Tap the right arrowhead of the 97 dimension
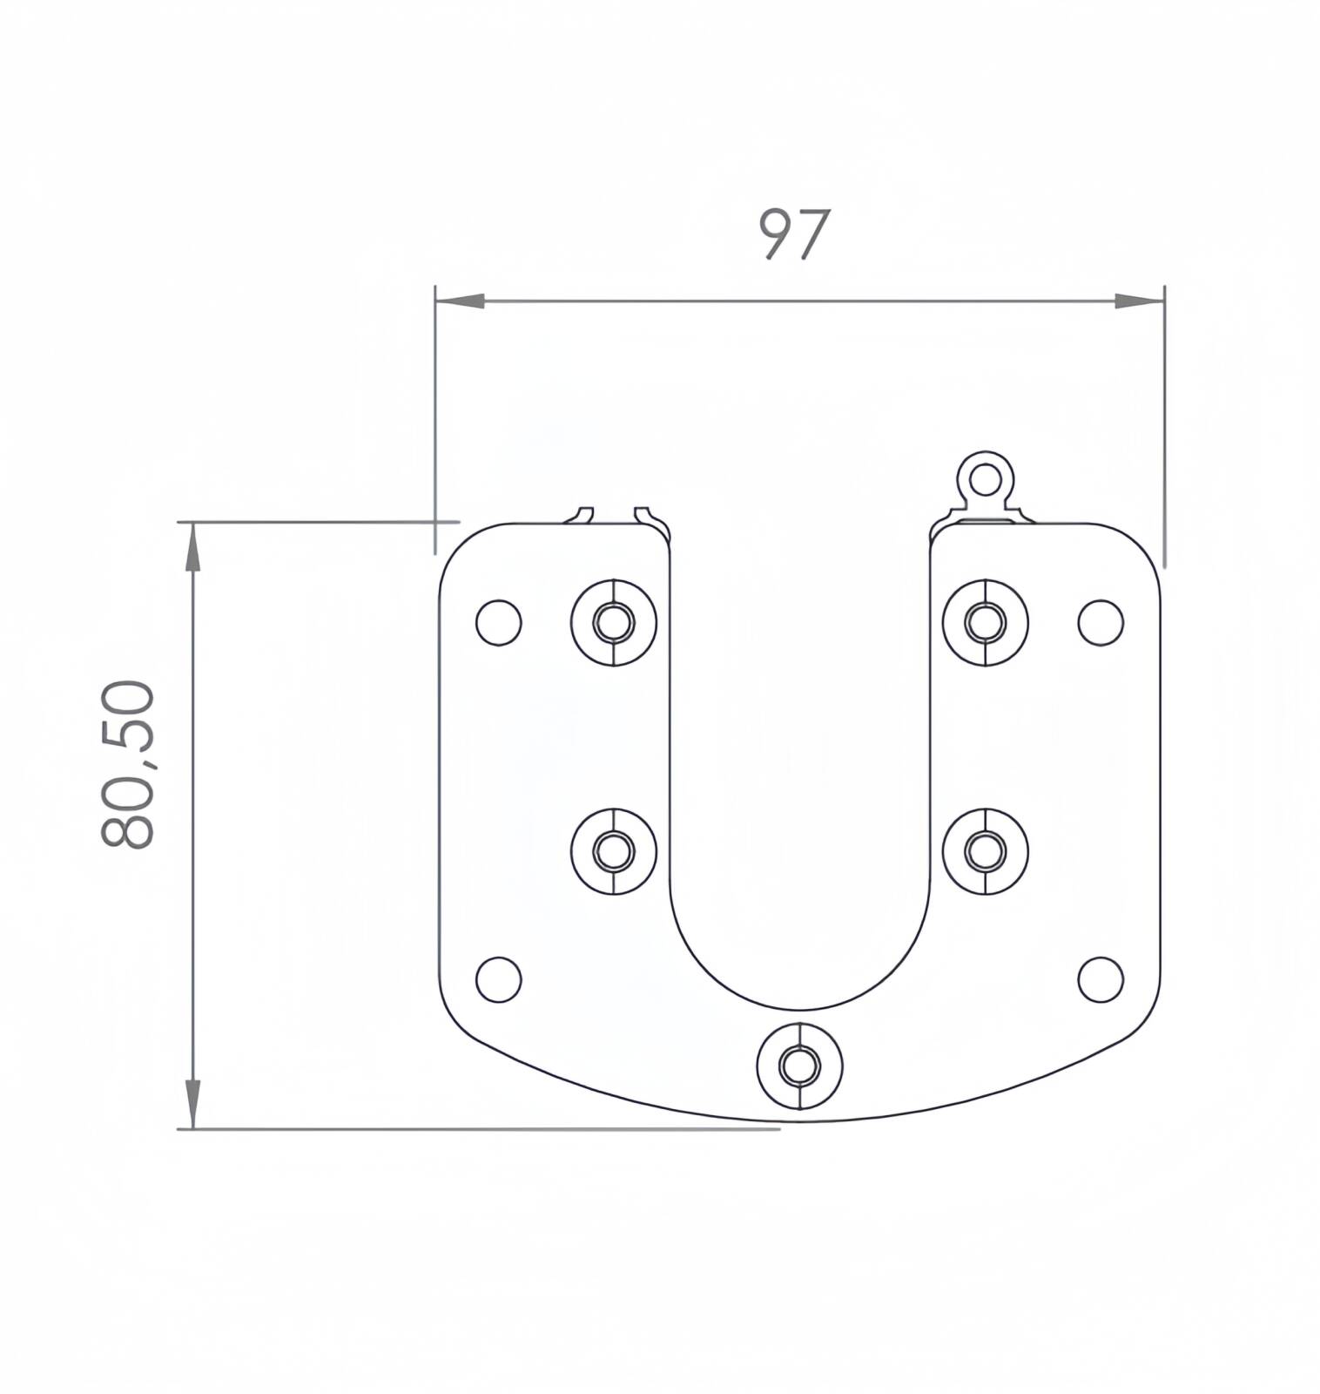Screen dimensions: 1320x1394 (1140, 301)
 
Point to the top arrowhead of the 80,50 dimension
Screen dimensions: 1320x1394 (192, 546)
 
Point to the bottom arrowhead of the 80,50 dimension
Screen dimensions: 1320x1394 (192, 1105)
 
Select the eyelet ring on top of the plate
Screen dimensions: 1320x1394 (986, 477)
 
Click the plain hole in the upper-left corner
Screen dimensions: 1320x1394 (499, 622)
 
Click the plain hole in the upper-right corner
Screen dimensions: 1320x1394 (1101, 622)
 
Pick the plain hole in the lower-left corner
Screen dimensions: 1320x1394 (499, 979)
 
